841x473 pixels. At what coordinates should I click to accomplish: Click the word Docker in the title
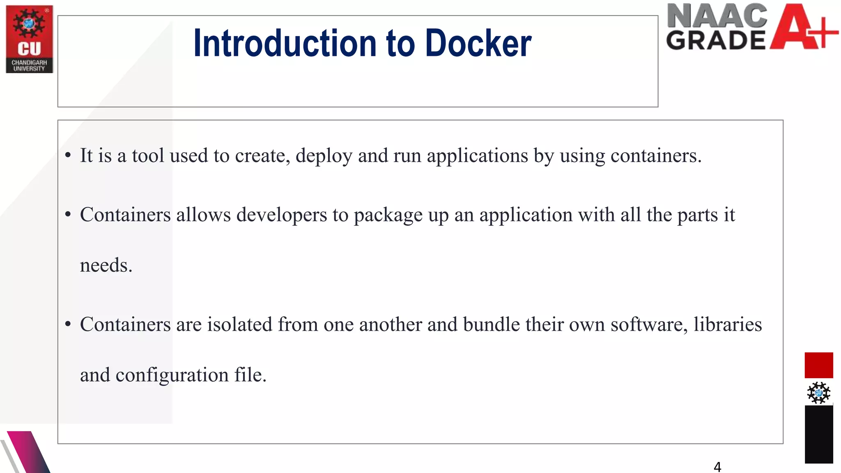478,43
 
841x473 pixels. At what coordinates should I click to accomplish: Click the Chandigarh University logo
30,39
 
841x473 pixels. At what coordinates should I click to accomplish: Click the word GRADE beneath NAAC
716,40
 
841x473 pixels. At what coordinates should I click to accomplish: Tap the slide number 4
717,467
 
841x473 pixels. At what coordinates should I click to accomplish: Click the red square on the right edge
818,365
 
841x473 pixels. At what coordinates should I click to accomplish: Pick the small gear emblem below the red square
818,393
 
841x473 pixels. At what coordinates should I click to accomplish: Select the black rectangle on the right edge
818,434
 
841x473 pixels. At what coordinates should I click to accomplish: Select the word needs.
106,266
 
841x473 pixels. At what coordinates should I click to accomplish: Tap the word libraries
728,324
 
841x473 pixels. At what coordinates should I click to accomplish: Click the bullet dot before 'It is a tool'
68,156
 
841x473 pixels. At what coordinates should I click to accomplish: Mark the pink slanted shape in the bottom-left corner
27,452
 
